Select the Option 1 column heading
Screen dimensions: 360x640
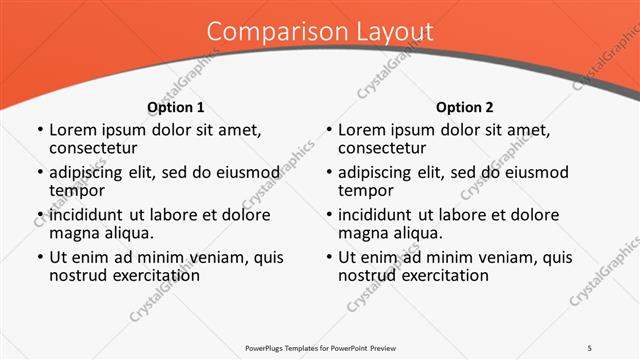point(176,107)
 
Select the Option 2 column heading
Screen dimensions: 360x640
point(465,107)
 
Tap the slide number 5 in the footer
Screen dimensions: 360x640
point(590,346)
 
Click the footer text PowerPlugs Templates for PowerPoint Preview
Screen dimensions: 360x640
point(320,346)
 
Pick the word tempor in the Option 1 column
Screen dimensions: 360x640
point(77,190)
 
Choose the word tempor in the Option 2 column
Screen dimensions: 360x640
point(366,190)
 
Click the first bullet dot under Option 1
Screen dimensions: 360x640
point(39,131)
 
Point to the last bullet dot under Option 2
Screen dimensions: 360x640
point(328,258)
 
